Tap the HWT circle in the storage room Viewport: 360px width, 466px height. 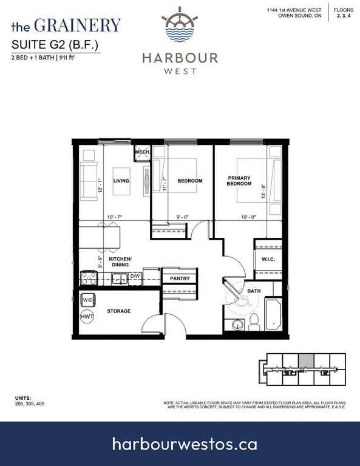(x=87, y=317)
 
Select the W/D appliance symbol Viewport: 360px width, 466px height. (x=88, y=300)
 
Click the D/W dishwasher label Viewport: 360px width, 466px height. (x=135, y=276)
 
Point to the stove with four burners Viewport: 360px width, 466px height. (x=89, y=279)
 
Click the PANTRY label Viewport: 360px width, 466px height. (x=180, y=279)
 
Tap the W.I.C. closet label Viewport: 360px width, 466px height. (x=268, y=260)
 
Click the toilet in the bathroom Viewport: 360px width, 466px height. (x=254, y=322)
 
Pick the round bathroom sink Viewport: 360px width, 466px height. (x=237, y=325)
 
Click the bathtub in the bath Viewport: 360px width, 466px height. (x=273, y=315)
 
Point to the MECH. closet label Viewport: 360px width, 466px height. (x=143, y=152)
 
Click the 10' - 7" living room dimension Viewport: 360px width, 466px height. (x=115, y=217)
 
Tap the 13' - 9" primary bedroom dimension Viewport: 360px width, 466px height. (x=263, y=191)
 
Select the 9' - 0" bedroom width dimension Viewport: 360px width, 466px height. (x=183, y=217)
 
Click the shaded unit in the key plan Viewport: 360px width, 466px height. (x=306, y=361)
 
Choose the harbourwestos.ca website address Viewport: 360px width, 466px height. (x=185, y=444)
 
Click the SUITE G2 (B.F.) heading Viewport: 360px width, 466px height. (x=55, y=44)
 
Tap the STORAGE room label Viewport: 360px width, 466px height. (x=119, y=311)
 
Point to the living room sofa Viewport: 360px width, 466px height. (x=89, y=181)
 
